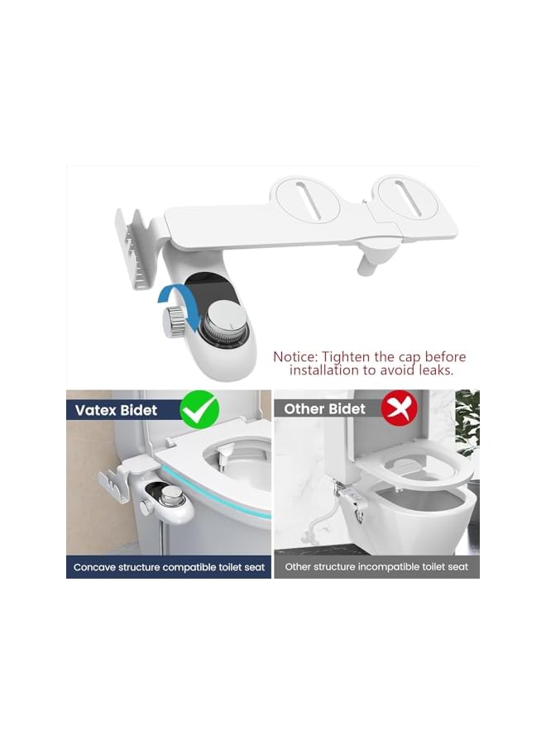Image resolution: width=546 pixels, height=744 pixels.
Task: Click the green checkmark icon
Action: (x=199, y=408)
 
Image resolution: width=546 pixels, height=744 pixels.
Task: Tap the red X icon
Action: (x=396, y=408)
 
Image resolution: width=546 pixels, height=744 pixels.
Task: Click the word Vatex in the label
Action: (x=98, y=409)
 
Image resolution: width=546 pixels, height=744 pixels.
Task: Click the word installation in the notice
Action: (x=322, y=370)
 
